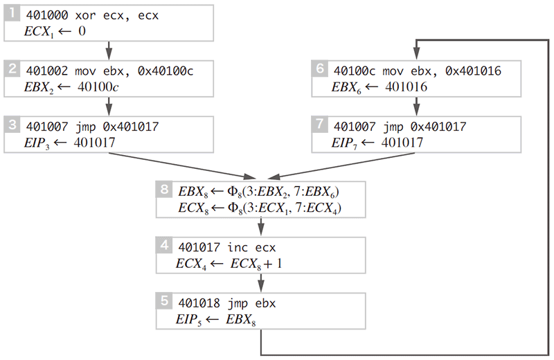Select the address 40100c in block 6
(x=353, y=71)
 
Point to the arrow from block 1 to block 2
(x=109, y=49)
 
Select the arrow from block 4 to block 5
(x=262, y=281)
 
